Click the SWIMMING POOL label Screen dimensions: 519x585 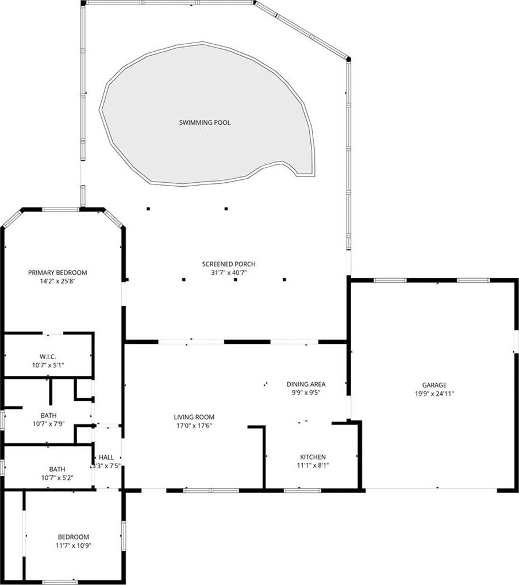click(205, 122)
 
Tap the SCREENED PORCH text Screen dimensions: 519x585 click(229, 264)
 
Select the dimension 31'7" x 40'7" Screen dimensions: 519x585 click(229, 273)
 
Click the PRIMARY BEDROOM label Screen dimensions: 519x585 click(57, 273)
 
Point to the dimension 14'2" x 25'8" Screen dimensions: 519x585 click(58, 282)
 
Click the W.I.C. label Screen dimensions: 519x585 click(48, 357)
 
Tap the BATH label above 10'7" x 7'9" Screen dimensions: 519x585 click(49, 415)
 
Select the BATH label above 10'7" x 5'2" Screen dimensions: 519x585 click(57, 469)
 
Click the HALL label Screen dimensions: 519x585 click(106, 457)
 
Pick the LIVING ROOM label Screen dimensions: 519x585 click(194, 417)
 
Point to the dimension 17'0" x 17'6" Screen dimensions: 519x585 click(194, 426)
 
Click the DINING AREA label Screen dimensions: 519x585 click(306, 384)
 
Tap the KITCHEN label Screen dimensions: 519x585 click(313, 457)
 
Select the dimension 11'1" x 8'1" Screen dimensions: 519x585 click(313, 465)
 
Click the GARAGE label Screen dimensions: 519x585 click(435, 385)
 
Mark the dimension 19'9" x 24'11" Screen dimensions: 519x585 click(435, 394)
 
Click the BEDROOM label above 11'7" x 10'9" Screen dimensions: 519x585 click(74, 537)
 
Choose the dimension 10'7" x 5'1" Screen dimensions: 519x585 click(48, 365)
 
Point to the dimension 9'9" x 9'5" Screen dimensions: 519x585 click(306, 392)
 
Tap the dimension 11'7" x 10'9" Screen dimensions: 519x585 click(74, 545)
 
